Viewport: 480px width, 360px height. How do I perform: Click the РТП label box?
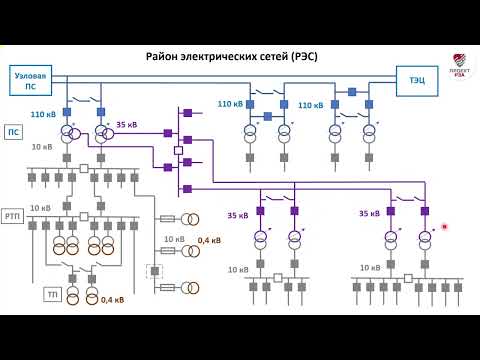pyautogui.click(x=15, y=216)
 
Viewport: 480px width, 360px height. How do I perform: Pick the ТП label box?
pyautogui.click(x=52, y=295)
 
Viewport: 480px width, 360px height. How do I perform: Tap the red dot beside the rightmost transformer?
pyautogui.click(x=443, y=227)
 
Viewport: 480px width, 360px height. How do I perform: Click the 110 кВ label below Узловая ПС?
pyautogui.click(x=44, y=114)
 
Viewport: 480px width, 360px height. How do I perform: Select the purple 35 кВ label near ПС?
pyautogui.click(x=127, y=125)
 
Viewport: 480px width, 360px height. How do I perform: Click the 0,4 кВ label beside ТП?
pyautogui.click(x=112, y=298)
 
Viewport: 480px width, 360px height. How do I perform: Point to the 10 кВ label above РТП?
pyautogui.click(x=41, y=208)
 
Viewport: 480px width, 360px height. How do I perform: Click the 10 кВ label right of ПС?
pyautogui.click(x=42, y=147)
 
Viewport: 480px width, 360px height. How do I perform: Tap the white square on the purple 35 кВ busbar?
pyautogui.click(x=178, y=151)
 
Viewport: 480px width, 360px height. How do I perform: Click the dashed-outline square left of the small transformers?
pyautogui.click(x=153, y=270)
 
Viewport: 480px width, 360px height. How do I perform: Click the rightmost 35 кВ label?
pyautogui.click(x=369, y=214)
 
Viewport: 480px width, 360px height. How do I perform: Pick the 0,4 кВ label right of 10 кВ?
pyautogui.click(x=209, y=240)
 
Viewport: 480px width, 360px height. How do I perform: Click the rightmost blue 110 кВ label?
pyautogui.click(x=311, y=105)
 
